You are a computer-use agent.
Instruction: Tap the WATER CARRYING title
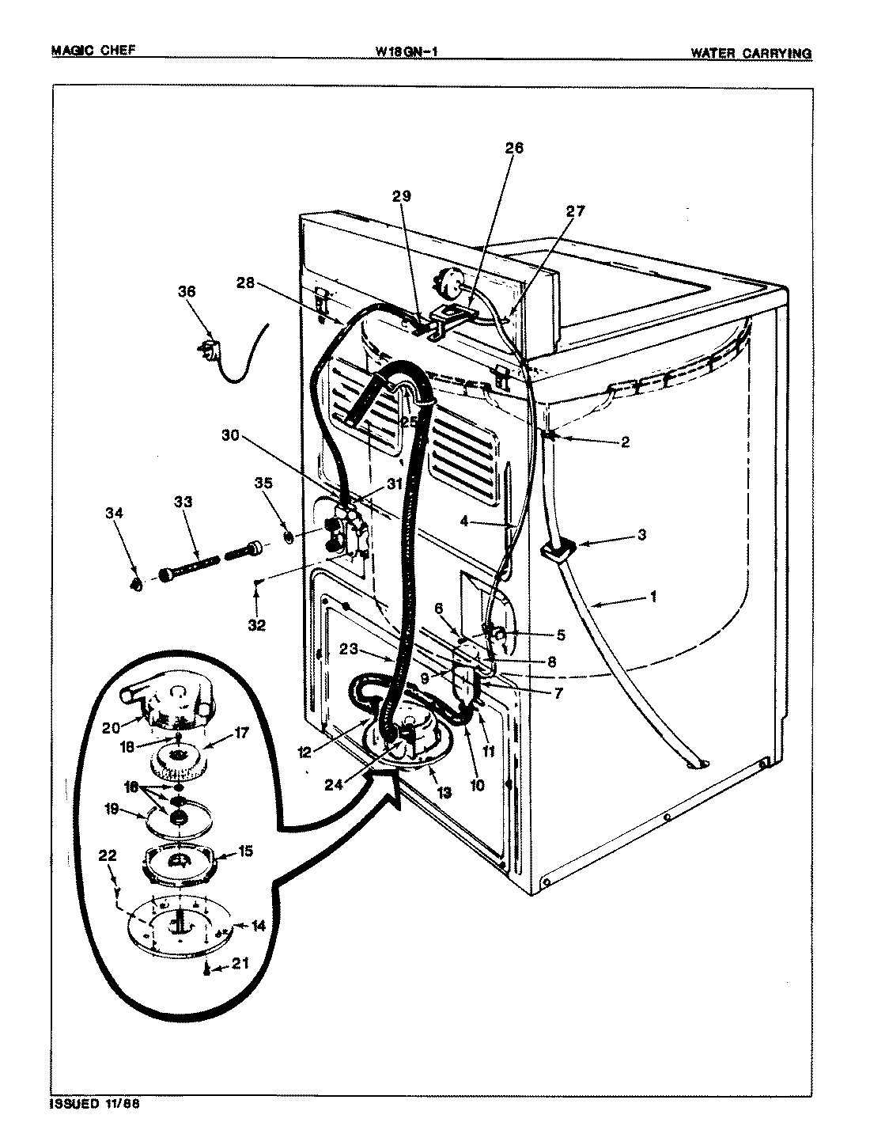point(751,53)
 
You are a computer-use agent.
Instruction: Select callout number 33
point(183,502)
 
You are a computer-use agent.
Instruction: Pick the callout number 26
point(514,148)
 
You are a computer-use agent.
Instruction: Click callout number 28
point(246,282)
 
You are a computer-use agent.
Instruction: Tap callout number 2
point(625,442)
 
